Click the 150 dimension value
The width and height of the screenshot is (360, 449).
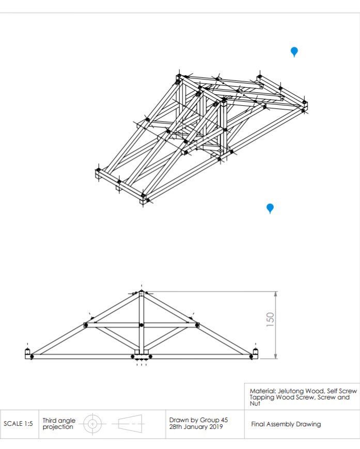(x=270, y=319)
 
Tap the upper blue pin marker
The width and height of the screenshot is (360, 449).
(x=294, y=52)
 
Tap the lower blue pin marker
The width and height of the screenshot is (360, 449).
(x=270, y=208)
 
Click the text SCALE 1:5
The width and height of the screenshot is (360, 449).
(x=19, y=424)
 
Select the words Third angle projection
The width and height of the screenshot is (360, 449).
(x=59, y=424)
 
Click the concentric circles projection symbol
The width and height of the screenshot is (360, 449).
(x=92, y=424)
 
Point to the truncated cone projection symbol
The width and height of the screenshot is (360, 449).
(x=130, y=424)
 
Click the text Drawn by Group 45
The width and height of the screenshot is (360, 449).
(x=199, y=420)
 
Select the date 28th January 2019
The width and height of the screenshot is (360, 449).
(x=196, y=427)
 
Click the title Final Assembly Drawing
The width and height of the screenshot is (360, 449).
(x=286, y=424)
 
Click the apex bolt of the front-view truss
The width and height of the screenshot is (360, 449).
(x=142, y=292)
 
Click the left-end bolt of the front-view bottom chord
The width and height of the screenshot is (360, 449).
(x=32, y=357)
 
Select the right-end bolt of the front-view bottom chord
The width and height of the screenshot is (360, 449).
(x=252, y=357)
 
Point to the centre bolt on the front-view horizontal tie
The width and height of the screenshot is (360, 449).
(x=141, y=325)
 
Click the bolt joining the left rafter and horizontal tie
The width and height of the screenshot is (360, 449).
(x=86, y=325)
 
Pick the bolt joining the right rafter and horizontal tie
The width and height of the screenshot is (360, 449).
(x=197, y=325)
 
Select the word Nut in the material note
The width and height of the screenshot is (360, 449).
(x=255, y=404)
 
